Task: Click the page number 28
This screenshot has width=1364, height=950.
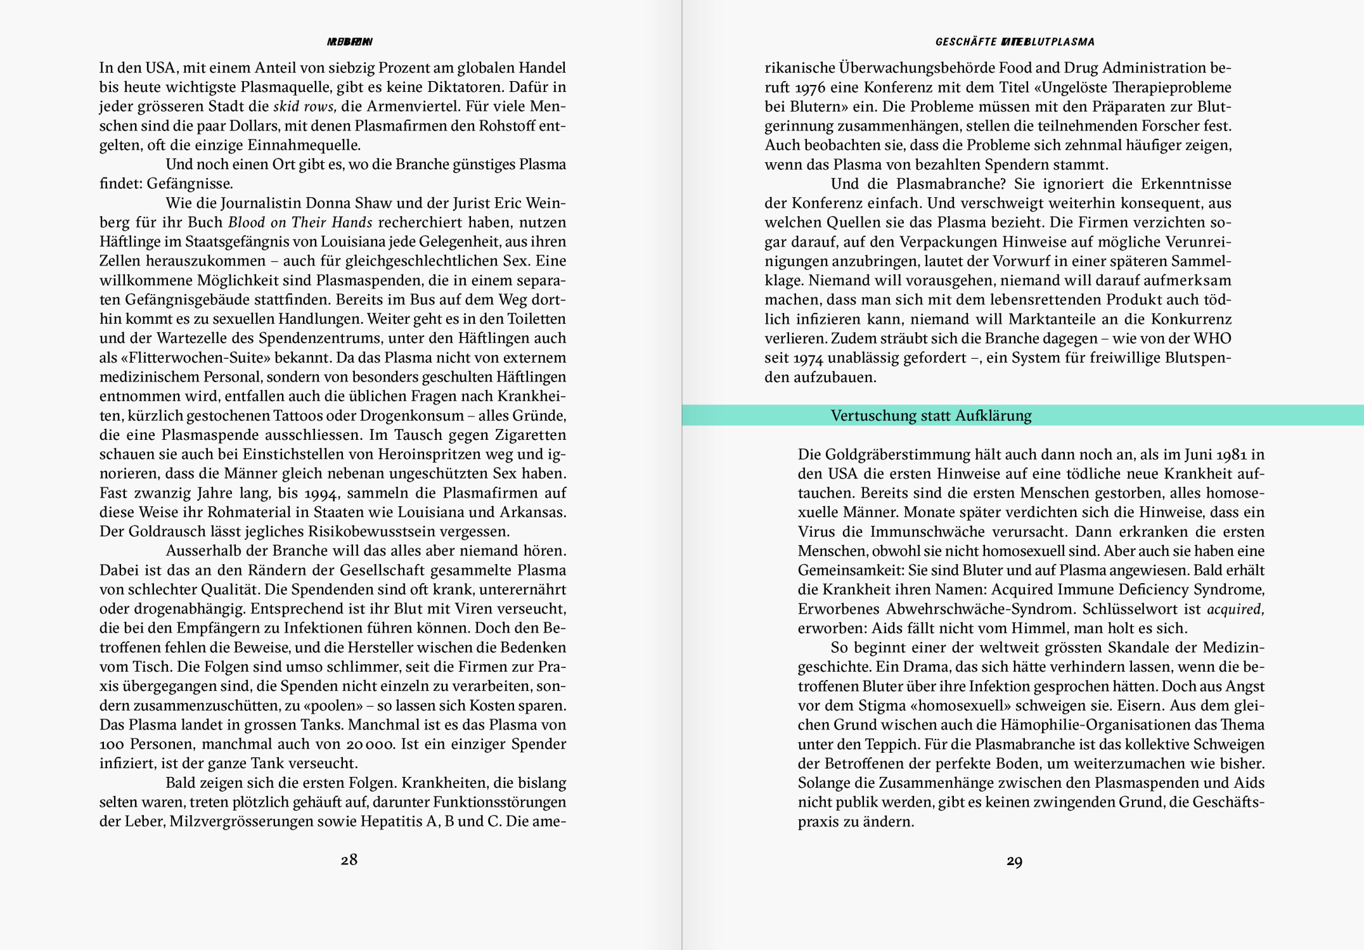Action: click(x=349, y=860)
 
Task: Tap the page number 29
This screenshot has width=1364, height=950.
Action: click(x=1014, y=861)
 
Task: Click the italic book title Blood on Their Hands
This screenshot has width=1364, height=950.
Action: click(x=300, y=222)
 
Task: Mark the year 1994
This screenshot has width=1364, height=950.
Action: click(x=321, y=493)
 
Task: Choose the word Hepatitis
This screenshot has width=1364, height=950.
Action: click(x=396, y=821)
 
